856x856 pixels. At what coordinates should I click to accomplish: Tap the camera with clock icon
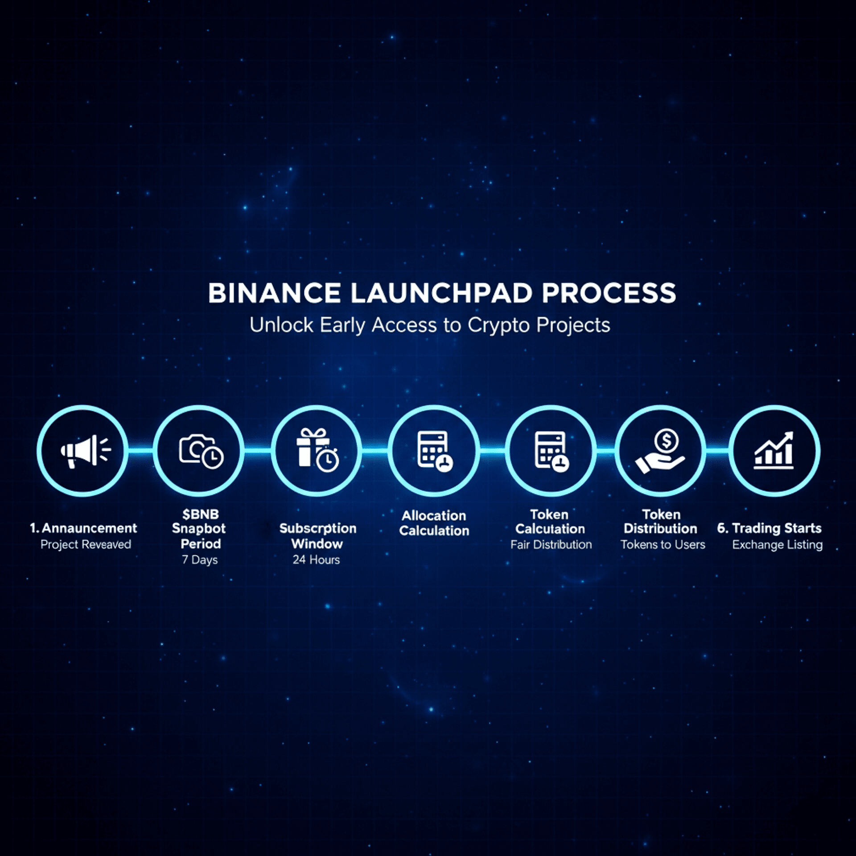pyautogui.click(x=201, y=451)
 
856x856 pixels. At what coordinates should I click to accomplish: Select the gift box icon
pyautogui.click(x=317, y=450)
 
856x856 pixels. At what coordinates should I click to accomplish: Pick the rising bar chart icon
pyautogui.click(x=774, y=451)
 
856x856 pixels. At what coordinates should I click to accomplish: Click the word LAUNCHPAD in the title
pyautogui.click(x=441, y=293)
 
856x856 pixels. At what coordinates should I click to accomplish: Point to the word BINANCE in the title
pyautogui.click(x=274, y=293)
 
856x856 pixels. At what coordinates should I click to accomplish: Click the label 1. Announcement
pyautogui.click(x=83, y=528)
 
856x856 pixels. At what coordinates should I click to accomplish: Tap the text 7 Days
pyautogui.click(x=200, y=560)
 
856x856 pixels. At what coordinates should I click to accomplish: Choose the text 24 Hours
pyautogui.click(x=316, y=560)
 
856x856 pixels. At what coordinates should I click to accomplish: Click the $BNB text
pyautogui.click(x=201, y=514)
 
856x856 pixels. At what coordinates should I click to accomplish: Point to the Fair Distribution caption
pyautogui.click(x=551, y=545)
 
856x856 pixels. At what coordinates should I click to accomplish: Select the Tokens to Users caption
pyautogui.click(x=663, y=545)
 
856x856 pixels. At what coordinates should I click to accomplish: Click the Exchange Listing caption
pyautogui.click(x=777, y=545)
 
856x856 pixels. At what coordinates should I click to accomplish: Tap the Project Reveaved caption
pyautogui.click(x=86, y=545)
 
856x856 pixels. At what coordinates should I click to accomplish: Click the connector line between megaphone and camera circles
pyautogui.click(x=141, y=451)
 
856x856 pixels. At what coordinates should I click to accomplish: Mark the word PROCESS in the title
pyautogui.click(x=609, y=293)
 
